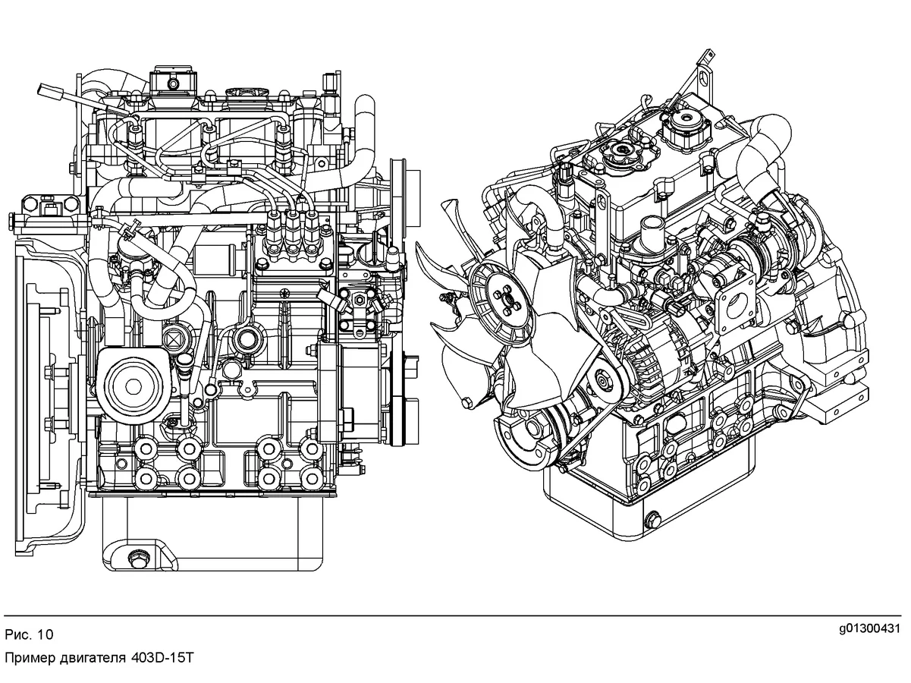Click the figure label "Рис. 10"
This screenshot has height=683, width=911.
29,634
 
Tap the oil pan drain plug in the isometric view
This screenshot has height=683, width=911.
654,520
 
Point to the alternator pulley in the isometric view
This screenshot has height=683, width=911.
604,378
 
